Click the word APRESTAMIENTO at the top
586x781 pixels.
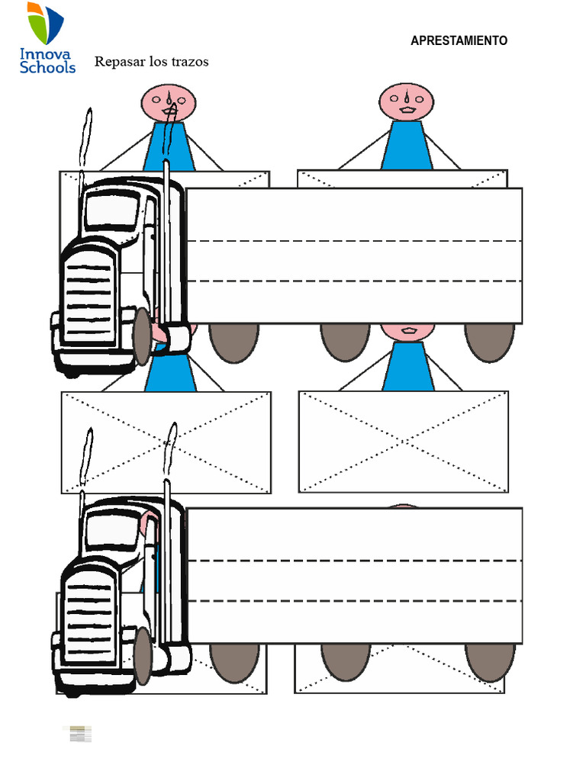point(459,40)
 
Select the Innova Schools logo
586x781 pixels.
point(47,38)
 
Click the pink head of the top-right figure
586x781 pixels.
point(407,101)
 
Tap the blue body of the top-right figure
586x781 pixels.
point(407,145)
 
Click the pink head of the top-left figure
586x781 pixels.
point(169,103)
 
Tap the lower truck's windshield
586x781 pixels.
point(113,530)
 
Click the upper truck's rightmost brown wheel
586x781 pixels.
point(489,342)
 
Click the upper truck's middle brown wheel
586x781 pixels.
point(346,342)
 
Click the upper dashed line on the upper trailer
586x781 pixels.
point(354,241)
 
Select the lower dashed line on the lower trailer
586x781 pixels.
point(355,601)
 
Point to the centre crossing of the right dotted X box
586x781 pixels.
point(404,442)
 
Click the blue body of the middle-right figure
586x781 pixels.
point(408,365)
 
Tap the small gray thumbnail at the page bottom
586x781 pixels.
point(80,734)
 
